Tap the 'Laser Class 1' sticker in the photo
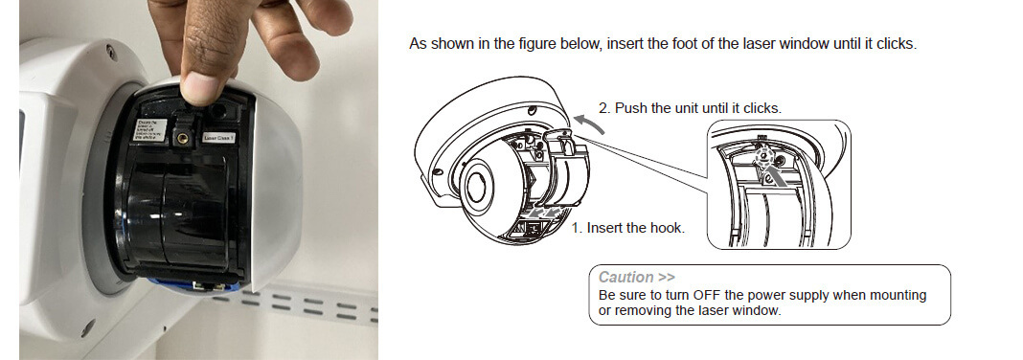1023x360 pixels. (x=219, y=138)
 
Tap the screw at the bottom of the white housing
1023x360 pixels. (x=89, y=332)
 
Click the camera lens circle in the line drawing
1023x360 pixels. (x=475, y=183)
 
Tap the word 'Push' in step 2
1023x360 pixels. (x=630, y=108)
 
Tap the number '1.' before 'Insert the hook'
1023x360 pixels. (x=578, y=228)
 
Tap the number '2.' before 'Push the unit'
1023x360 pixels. (x=604, y=108)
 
